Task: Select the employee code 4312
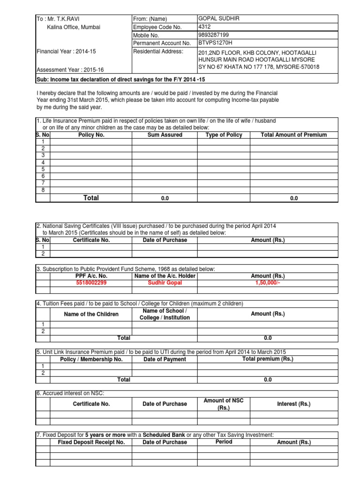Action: click(205, 27)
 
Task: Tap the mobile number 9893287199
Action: click(215, 35)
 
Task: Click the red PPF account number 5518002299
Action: click(91, 283)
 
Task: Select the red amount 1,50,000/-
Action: click(268, 283)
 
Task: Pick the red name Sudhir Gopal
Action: click(164, 283)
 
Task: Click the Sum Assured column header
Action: click(165, 135)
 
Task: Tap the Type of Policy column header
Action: click(224, 135)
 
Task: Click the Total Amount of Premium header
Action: click(294, 135)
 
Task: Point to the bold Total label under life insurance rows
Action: click(91, 198)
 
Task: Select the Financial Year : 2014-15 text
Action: click(66, 52)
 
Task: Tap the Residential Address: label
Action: click(158, 52)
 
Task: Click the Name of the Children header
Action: click(91, 314)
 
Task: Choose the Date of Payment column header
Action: click(164, 360)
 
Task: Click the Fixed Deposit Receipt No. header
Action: click(91, 442)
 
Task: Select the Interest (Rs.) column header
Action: click(294, 404)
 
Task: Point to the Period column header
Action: click(224, 442)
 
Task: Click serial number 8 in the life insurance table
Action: click(43, 190)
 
